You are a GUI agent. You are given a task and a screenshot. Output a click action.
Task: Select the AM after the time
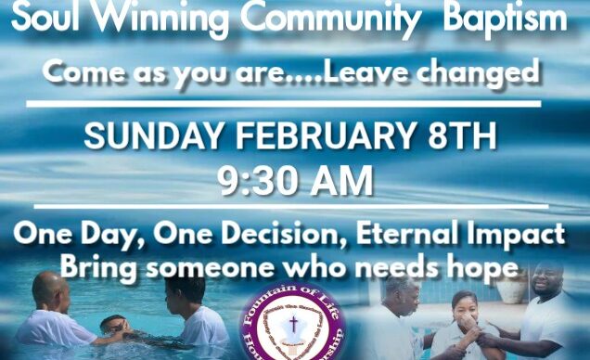pos(340,179)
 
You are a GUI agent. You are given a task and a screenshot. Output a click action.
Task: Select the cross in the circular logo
pos(292,326)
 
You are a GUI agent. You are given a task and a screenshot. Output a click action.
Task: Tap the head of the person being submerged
pos(112,326)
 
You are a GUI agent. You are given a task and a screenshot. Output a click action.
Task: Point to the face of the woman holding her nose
pos(463,311)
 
